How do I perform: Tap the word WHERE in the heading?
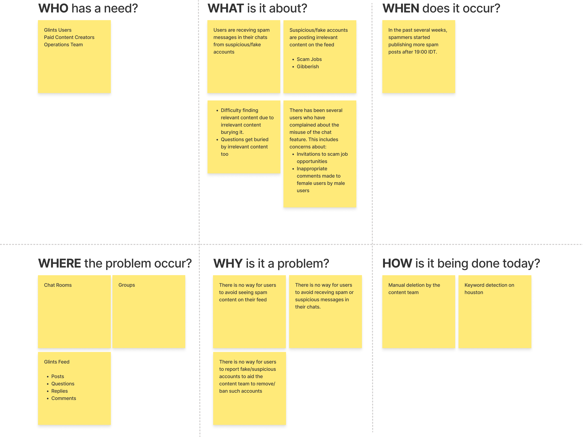click(60, 264)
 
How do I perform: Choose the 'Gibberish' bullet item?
click(308, 67)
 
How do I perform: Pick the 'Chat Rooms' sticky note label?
click(58, 285)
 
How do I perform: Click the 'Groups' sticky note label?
click(126, 285)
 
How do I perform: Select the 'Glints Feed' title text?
click(57, 362)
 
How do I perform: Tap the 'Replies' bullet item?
click(59, 391)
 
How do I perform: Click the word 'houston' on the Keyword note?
click(474, 293)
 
